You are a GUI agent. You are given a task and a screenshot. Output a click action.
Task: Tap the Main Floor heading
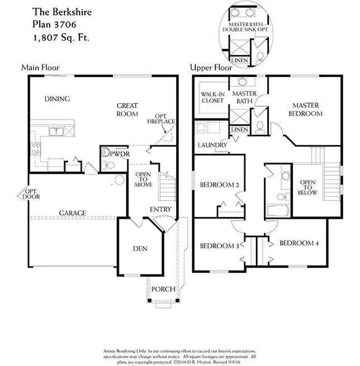40,68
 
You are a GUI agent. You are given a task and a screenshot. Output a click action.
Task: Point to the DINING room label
56,99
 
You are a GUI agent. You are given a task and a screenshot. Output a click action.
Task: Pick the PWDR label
120,153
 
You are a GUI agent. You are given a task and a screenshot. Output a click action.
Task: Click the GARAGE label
73,213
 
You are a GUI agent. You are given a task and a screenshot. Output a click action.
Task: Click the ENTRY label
160,210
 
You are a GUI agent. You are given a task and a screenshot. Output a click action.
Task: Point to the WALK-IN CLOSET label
212,97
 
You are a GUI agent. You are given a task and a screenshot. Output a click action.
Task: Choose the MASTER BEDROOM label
307,110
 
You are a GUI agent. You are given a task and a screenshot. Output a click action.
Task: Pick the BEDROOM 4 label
299,243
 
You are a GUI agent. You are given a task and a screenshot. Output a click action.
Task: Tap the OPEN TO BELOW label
308,188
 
